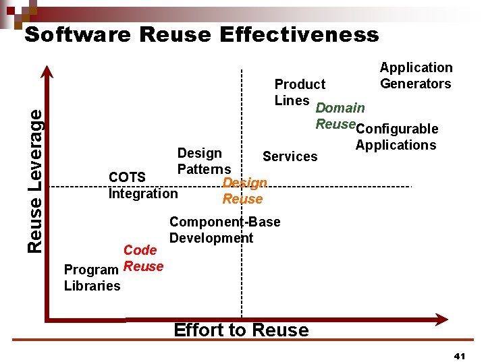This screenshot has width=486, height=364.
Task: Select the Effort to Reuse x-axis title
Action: tap(241, 330)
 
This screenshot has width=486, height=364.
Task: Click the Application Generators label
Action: tap(416, 75)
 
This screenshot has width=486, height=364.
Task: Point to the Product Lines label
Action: tap(300, 92)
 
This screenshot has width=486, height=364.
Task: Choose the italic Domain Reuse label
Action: tap(340, 115)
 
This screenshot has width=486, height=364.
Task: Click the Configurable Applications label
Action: tap(397, 137)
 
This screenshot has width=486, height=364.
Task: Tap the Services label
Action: tap(290, 156)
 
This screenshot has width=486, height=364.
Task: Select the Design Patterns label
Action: tap(204, 161)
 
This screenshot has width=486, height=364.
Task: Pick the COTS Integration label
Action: tap(143, 185)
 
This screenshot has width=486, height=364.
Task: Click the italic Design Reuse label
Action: tap(244, 191)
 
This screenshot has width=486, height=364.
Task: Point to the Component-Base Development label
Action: tap(225, 230)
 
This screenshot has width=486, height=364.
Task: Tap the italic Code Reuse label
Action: tap(142, 258)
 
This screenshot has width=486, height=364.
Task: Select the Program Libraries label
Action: tap(92, 278)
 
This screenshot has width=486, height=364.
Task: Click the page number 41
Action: tap(460, 355)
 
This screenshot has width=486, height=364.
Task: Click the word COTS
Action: tap(127, 177)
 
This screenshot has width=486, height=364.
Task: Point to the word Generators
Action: tap(416, 84)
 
